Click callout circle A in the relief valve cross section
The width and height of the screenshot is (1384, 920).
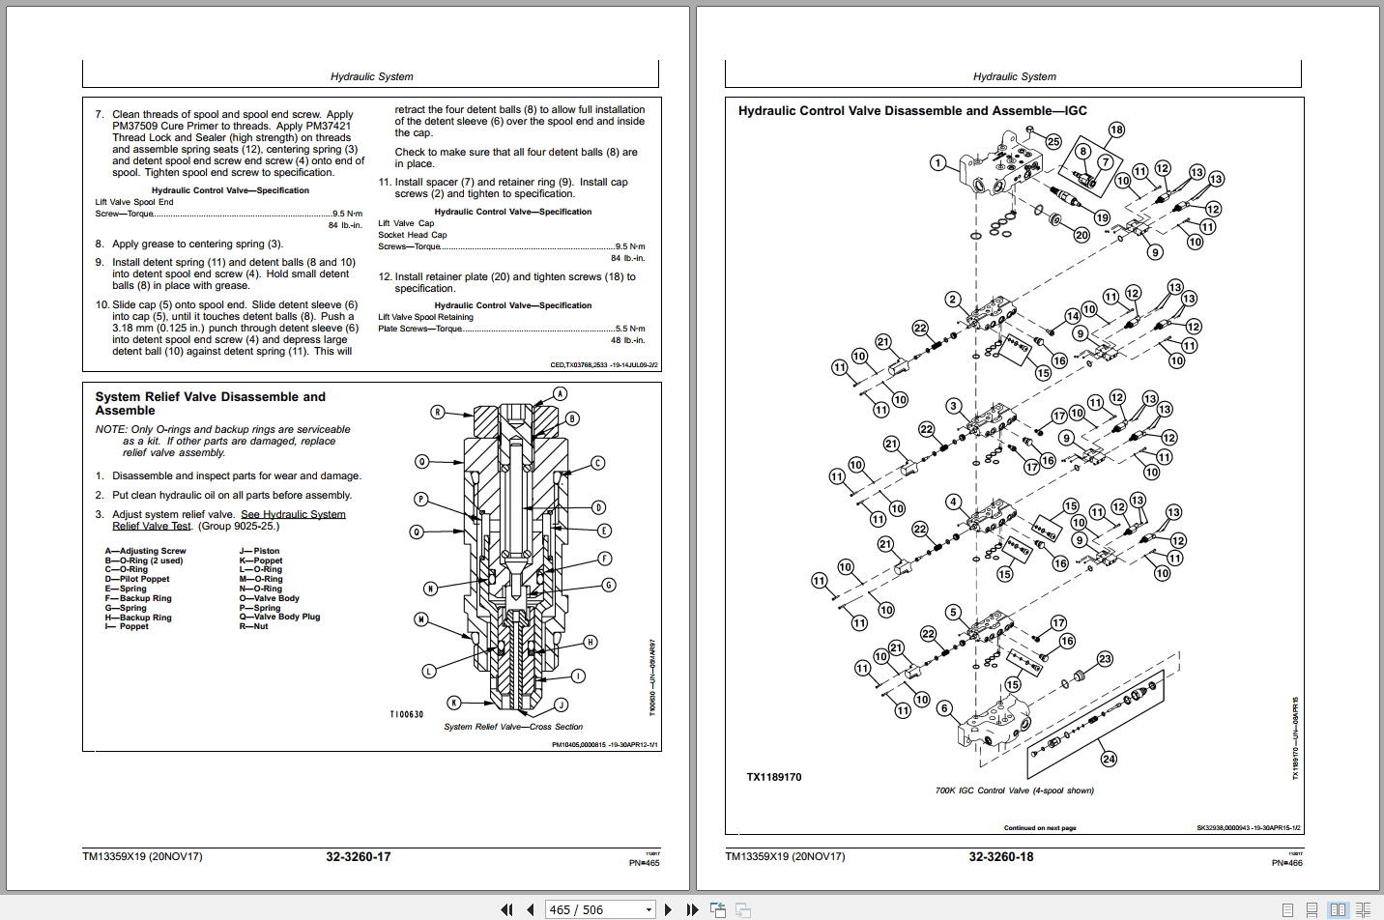click(560, 394)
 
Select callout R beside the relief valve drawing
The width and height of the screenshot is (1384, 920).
click(438, 413)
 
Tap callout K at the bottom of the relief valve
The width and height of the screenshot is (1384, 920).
click(453, 703)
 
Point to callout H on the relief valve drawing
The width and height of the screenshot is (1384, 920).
click(591, 642)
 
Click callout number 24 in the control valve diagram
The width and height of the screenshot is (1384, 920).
click(1109, 759)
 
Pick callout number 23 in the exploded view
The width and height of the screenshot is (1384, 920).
click(1105, 659)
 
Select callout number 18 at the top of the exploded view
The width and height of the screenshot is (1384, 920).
click(1116, 129)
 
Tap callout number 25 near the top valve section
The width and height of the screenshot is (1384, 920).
click(1053, 141)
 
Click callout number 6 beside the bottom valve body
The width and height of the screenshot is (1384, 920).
click(945, 708)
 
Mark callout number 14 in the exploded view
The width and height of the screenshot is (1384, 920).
click(1073, 316)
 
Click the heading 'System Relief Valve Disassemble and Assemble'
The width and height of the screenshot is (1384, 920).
click(210, 404)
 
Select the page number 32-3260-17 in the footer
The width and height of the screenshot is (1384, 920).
click(358, 857)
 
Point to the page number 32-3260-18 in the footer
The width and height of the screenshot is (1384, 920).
click(1000, 857)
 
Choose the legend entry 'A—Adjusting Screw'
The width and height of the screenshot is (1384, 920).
click(145, 551)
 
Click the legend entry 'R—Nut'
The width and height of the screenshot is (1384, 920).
click(253, 626)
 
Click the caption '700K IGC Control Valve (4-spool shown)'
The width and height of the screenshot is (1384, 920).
click(1014, 791)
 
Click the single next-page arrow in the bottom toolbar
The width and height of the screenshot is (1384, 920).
click(668, 909)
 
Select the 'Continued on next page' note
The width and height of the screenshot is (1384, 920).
click(1039, 828)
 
